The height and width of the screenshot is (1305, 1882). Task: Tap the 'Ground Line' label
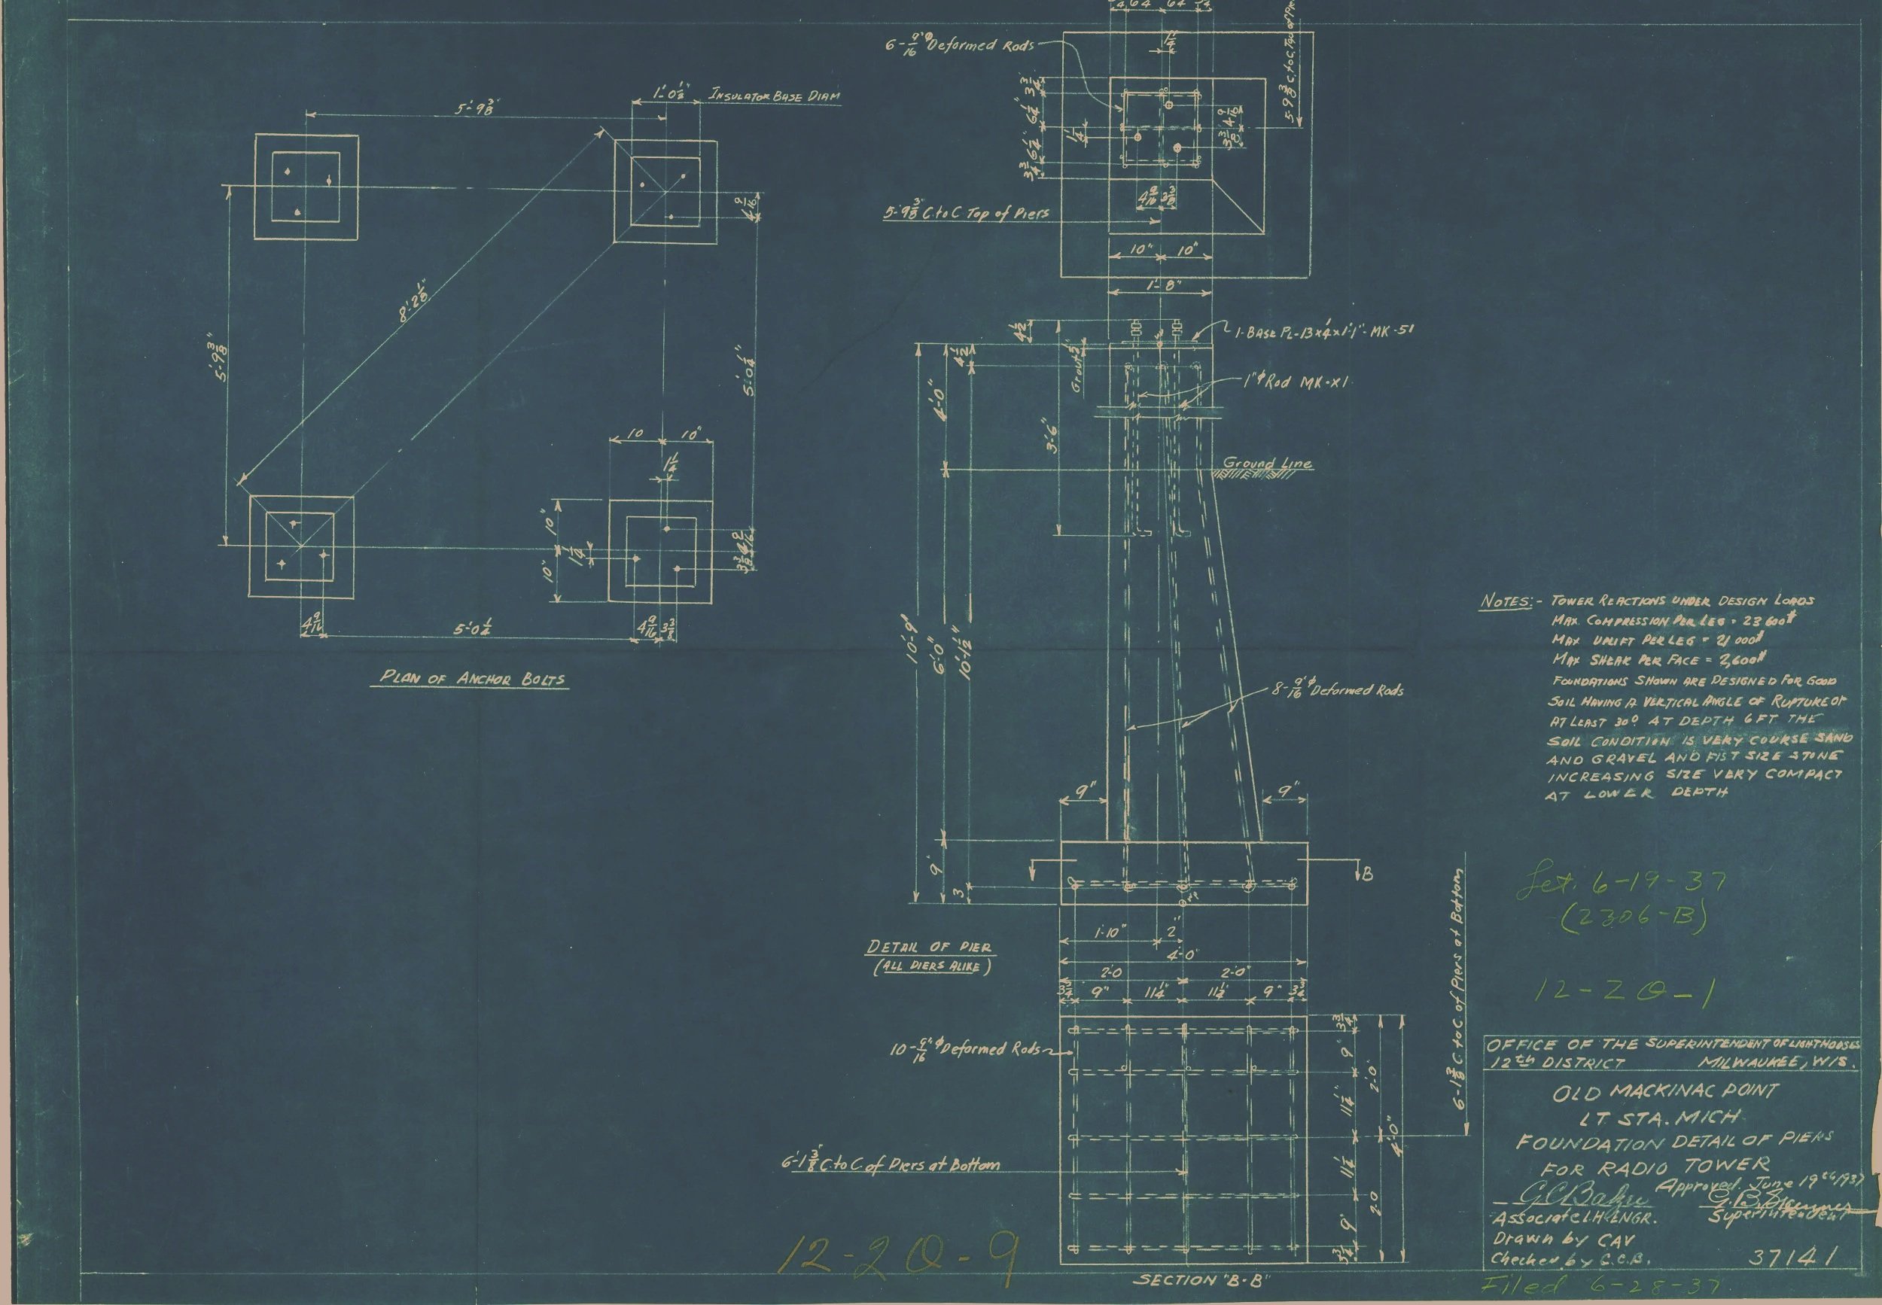pos(1266,464)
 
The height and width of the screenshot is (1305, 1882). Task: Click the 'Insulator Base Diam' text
pos(774,96)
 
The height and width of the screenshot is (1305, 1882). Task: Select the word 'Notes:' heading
pos(1504,603)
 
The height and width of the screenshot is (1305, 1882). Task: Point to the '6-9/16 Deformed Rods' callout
pos(961,46)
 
